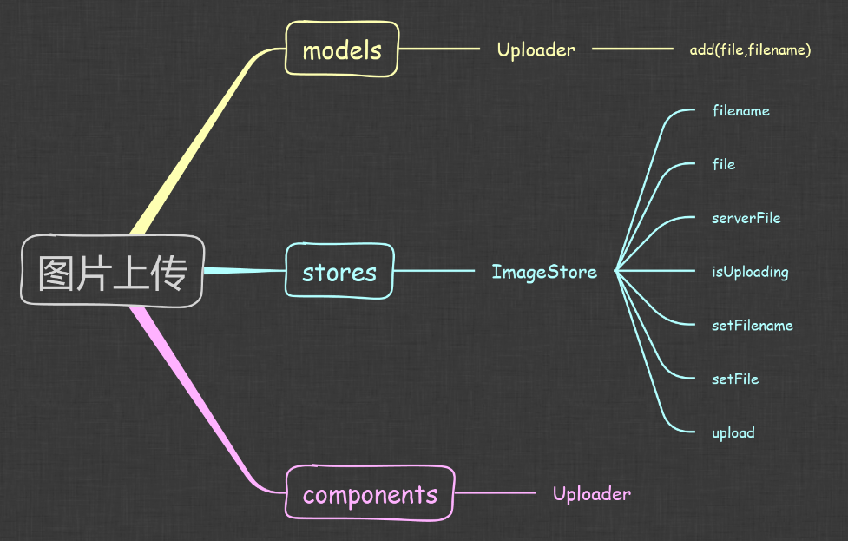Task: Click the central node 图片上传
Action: (x=112, y=271)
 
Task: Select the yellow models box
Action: (x=342, y=49)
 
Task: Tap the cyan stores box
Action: (x=339, y=271)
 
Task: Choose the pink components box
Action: (x=370, y=493)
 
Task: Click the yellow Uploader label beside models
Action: (x=536, y=49)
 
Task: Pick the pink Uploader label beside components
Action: (x=591, y=493)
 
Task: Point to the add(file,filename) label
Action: (x=750, y=50)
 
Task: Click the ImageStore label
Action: (x=544, y=272)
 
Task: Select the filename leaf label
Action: (x=740, y=110)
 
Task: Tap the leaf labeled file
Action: (x=723, y=164)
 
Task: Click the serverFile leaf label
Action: (x=746, y=218)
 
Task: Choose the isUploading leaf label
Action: (x=749, y=272)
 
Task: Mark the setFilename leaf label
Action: (x=752, y=326)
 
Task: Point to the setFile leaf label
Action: (x=734, y=379)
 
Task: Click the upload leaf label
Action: (x=733, y=432)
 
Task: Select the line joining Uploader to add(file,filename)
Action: (x=632, y=49)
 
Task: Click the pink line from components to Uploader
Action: (x=496, y=493)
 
